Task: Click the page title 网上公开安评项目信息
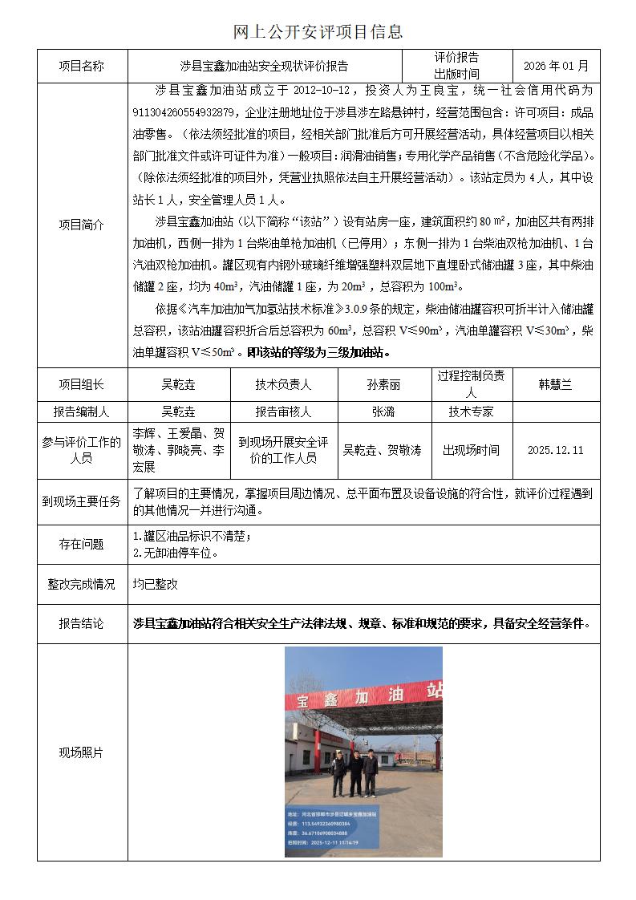coord(318,32)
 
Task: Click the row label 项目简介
coord(82,225)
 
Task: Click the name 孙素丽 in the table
coord(383,384)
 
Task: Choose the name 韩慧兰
coord(555,384)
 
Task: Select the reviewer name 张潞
coord(383,411)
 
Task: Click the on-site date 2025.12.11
coord(555,450)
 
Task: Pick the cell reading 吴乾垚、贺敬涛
coord(383,450)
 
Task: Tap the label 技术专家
coord(471,411)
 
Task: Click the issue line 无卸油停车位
coord(178,553)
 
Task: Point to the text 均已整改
coord(156,585)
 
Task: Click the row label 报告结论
coord(82,623)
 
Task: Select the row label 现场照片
coord(82,752)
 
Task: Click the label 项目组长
coord(82,384)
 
